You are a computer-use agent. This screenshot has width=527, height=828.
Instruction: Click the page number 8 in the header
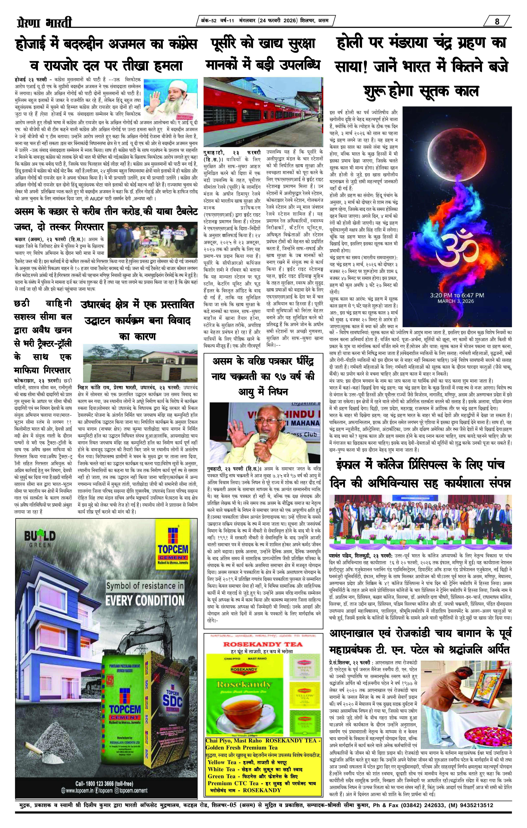point(497,21)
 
